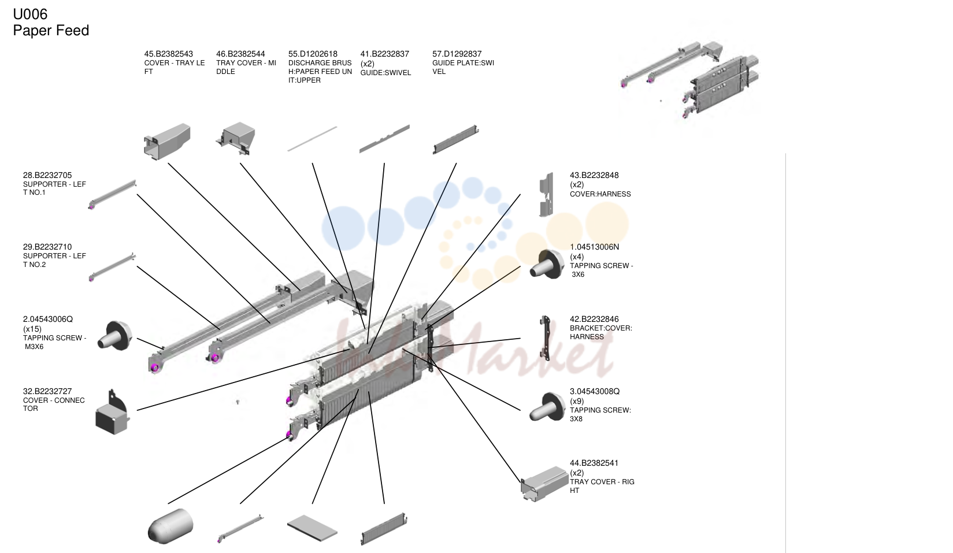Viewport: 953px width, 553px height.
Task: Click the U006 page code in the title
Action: pyautogui.click(x=30, y=14)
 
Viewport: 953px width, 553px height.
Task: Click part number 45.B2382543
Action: pyautogui.click(x=169, y=54)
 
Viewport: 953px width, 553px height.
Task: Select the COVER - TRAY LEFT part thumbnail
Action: pyautogui.click(x=167, y=142)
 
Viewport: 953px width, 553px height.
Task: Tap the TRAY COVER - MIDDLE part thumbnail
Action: pyautogui.click(x=236, y=139)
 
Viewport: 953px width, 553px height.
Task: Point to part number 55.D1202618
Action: pyautogui.click(x=313, y=54)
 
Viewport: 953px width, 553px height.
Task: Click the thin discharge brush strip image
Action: pyautogui.click(x=312, y=139)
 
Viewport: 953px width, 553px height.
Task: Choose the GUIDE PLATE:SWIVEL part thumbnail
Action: pyautogui.click(x=455, y=139)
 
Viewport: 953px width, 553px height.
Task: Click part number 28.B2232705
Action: pyautogui.click(x=47, y=175)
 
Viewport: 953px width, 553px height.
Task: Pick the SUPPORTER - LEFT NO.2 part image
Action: pyautogui.click(x=112, y=267)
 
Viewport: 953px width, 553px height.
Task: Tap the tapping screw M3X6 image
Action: pyautogui.click(x=115, y=336)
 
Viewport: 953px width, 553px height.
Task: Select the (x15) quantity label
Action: pyautogui.click(x=32, y=329)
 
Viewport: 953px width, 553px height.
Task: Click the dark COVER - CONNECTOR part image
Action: pyautogui.click(x=112, y=412)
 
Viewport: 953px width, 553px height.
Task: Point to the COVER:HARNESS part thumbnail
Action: pyautogui.click(x=546, y=194)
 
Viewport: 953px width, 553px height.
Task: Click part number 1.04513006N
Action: pyautogui.click(x=594, y=247)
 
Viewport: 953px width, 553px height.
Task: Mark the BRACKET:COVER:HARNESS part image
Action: pyautogui.click(x=544, y=338)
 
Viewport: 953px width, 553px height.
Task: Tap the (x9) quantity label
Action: pyautogui.click(x=577, y=401)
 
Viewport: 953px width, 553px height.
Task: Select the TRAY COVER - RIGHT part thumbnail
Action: pyautogui.click(x=544, y=484)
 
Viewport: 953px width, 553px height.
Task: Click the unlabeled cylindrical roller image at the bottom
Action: pyautogui.click(x=170, y=526)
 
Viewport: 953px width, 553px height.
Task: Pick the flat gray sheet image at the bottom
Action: pyautogui.click(x=312, y=528)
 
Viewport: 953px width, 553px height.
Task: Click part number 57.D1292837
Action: pyautogui.click(x=457, y=54)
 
